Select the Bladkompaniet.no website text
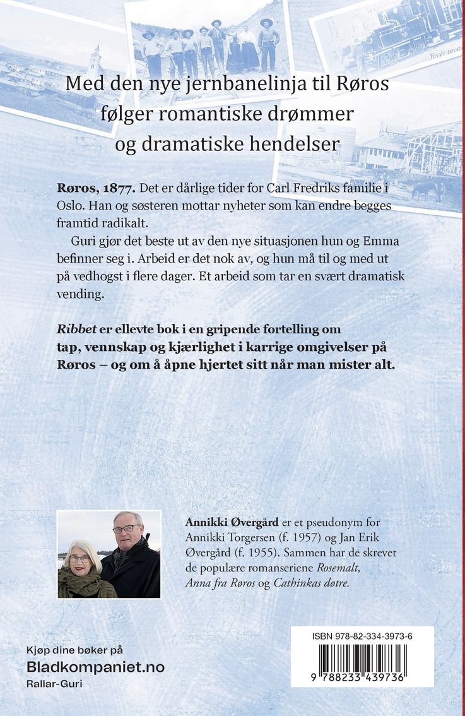coord(95,667)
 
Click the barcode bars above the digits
coord(362,660)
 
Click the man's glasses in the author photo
coord(126,528)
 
